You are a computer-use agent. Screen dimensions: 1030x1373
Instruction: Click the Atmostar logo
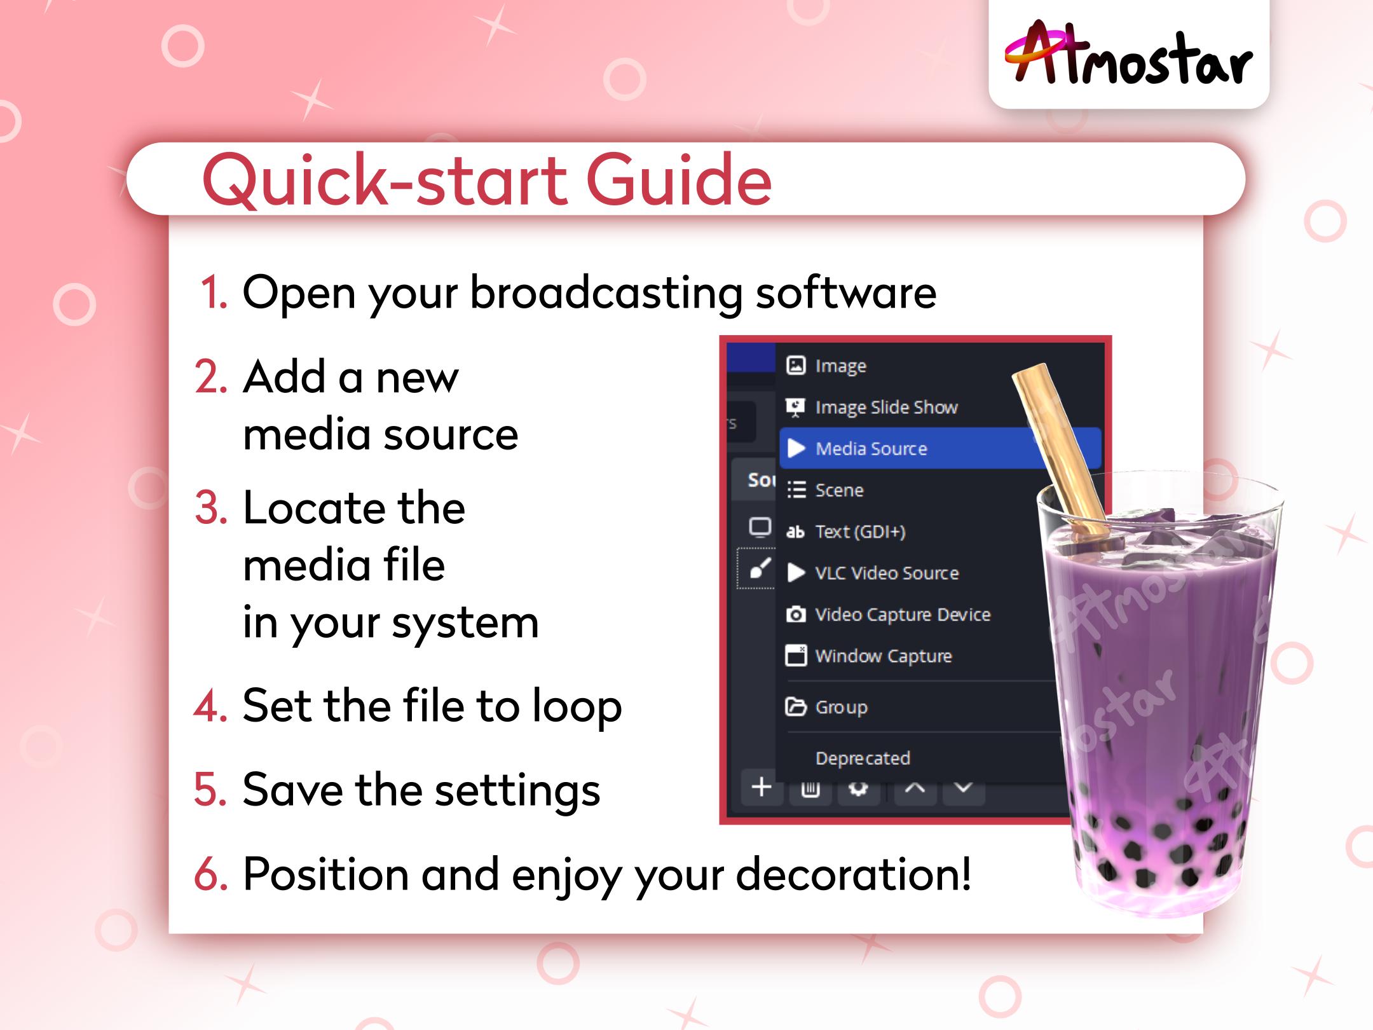coord(1128,54)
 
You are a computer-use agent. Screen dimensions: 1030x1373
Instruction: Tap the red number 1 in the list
coord(212,293)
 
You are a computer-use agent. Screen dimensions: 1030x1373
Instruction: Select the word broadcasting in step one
coord(606,293)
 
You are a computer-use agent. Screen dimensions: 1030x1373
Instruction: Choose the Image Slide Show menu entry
coord(885,408)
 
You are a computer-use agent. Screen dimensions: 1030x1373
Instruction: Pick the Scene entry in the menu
coord(839,490)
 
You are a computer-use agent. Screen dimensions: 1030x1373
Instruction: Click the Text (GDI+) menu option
coord(859,532)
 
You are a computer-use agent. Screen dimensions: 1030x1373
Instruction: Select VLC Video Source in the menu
coord(886,573)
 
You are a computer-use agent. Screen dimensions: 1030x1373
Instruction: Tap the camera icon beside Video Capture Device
coord(796,615)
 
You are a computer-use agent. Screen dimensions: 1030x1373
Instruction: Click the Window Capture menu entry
coord(883,656)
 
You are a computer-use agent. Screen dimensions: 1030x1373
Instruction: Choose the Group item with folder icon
coord(840,707)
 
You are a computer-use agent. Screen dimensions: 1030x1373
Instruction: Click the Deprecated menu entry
coord(862,758)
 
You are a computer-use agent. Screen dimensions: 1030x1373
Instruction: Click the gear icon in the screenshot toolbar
coord(858,789)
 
